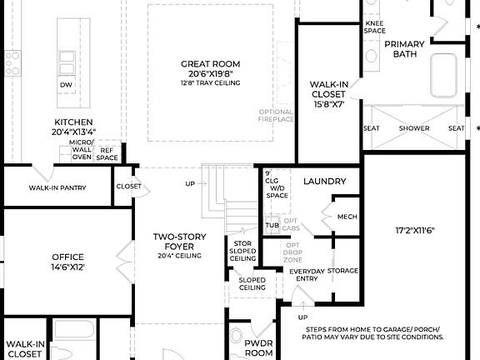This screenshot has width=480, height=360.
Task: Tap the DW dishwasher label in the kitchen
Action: pos(65,85)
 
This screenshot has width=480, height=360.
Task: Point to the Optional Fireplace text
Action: pos(277,116)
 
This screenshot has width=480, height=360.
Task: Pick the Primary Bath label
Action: pos(404,49)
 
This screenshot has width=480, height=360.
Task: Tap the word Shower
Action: pos(414,128)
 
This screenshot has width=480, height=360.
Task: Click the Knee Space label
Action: pos(374,27)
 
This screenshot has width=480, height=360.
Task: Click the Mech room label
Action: pos(347,217)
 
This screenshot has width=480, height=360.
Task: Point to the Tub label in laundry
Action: pos(272,225)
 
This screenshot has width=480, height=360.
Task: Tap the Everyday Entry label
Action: pos(307,276)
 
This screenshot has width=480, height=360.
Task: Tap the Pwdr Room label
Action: pos(258,347)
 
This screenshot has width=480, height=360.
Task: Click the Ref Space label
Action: pos(107,154)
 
